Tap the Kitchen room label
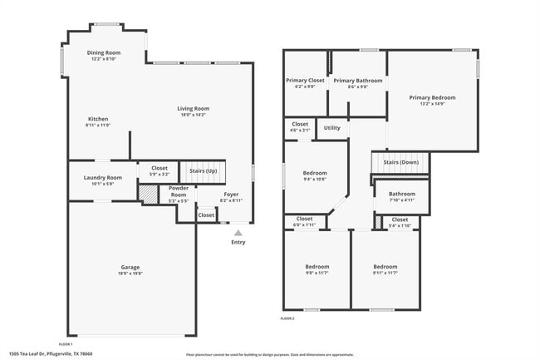pos(97,118)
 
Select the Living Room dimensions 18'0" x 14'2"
pos(193,114)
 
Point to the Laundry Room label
pos(103,177)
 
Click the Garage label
pos(130,267)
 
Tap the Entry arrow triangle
pos(238,233)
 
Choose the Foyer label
pos(231,195)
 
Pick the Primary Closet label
pos(305,80)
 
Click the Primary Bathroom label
pos(357,80)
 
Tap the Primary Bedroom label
pos(432,97)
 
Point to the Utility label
pos(331,127)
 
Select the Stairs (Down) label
pos(400,162)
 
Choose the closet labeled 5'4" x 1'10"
pos(400,219)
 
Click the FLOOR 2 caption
pos(287,318)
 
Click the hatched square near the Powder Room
pos(147,194)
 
